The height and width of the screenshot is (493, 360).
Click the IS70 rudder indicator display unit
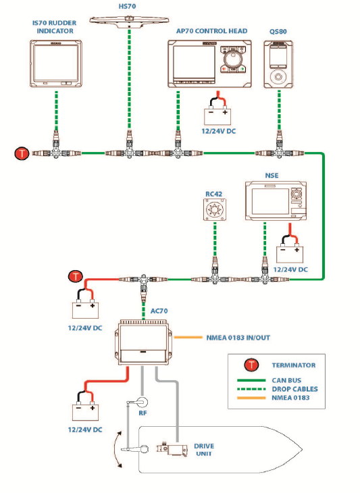coord(56,63)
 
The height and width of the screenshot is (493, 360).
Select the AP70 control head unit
coord(209,63)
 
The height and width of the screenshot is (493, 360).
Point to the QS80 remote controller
coord(278,64)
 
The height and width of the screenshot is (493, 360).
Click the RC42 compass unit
coord(215,209)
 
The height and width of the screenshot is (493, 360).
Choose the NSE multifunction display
coord(276,201)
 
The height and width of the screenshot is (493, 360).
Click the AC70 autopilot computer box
coord(143,342)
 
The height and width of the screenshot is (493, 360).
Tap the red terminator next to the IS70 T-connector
coord(22,153)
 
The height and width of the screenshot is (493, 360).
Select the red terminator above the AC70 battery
coord(76,277)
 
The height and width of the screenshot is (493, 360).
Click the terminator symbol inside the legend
coord(251,365)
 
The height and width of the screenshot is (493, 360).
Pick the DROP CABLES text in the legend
coord(294,389)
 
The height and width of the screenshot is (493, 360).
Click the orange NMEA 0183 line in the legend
coord(251,398)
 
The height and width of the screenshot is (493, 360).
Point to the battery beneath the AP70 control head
coord(217,116)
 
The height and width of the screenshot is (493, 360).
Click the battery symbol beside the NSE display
coord(290,254)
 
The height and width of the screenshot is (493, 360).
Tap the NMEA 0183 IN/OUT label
coord(238,338)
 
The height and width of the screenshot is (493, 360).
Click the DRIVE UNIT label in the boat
coord(204,450)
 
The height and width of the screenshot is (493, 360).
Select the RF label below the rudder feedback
coord(143,413)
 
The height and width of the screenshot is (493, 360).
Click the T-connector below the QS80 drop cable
coord(280,151)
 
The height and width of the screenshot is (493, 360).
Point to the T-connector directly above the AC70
coord(143,284)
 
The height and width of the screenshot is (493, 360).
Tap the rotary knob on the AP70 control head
coord(232,58)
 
